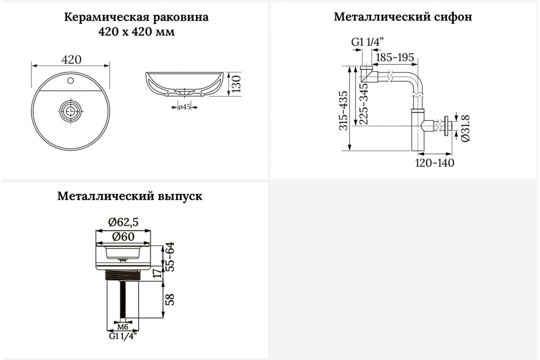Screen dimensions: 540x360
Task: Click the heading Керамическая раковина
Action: pos(136,18)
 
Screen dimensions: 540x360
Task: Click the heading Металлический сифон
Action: pos(403,17)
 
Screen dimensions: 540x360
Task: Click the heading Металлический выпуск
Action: pos(130,196)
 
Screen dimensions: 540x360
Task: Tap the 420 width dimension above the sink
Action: pos(72,59)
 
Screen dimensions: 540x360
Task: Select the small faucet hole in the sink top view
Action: pos(70,81)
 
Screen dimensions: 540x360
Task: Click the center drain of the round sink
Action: pos(71,111)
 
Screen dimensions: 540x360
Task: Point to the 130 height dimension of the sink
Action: pos(237,84)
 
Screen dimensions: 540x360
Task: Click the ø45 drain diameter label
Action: pos(184,107)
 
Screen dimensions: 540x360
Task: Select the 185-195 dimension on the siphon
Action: pos(395,58)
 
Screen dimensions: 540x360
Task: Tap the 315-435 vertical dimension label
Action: pos(343,111)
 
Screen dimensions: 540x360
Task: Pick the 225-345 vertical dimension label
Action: pos(364,104)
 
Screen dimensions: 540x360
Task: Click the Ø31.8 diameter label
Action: pos(465,128)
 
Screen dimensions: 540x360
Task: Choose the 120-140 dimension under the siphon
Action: pos(435,163)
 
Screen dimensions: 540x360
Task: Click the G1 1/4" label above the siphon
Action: pos(367,42)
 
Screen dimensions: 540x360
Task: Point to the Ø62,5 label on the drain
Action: pos(123,222)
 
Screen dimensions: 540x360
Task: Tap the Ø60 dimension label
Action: pos(123,237)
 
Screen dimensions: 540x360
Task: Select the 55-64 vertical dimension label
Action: pos(170,257)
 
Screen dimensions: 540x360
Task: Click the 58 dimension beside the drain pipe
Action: pos(170,300)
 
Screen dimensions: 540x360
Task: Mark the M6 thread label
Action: pos(123,327)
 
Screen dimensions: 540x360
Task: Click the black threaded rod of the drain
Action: pos(123,299)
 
